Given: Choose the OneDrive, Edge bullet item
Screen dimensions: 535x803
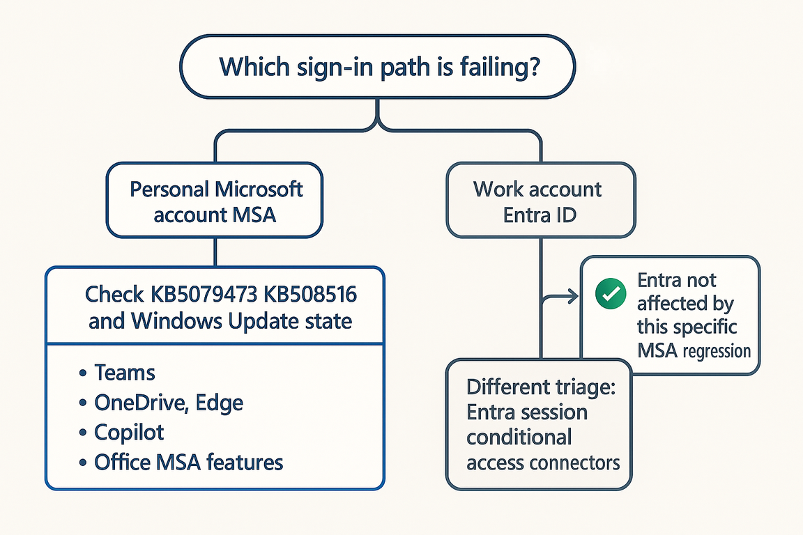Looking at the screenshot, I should click(168, 402).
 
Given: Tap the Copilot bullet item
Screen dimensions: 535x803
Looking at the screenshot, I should click(129, 432).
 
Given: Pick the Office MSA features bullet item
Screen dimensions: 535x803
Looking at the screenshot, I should click(188, 461).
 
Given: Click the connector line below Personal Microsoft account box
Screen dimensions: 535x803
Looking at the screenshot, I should click(215, 251).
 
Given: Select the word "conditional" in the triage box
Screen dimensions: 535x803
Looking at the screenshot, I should click(519, 437).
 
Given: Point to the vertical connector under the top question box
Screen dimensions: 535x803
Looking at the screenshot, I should click(378, 111).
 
